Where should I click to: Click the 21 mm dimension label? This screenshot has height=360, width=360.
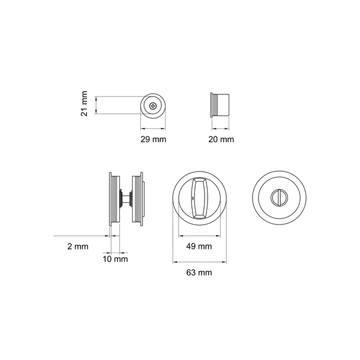click(x=84, y=104)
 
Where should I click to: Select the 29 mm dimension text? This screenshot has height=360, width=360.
click(x=153, y=139)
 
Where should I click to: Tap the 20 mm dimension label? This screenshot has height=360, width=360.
click(x=221, y=139)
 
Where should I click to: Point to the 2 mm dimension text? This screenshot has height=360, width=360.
click(x=78, y=247)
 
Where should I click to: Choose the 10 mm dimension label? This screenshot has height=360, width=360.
click(x=115, y=259)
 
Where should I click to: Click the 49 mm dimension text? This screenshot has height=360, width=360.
click(x=199, y=247)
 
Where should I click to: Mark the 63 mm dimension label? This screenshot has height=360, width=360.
click(x=199, y=272)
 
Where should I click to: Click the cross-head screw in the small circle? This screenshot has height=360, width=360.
click(x=153, y=106)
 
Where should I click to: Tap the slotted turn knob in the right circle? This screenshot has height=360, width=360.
click(x=279, y=197)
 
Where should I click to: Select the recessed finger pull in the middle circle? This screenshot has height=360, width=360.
click(x=199, y=198)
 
